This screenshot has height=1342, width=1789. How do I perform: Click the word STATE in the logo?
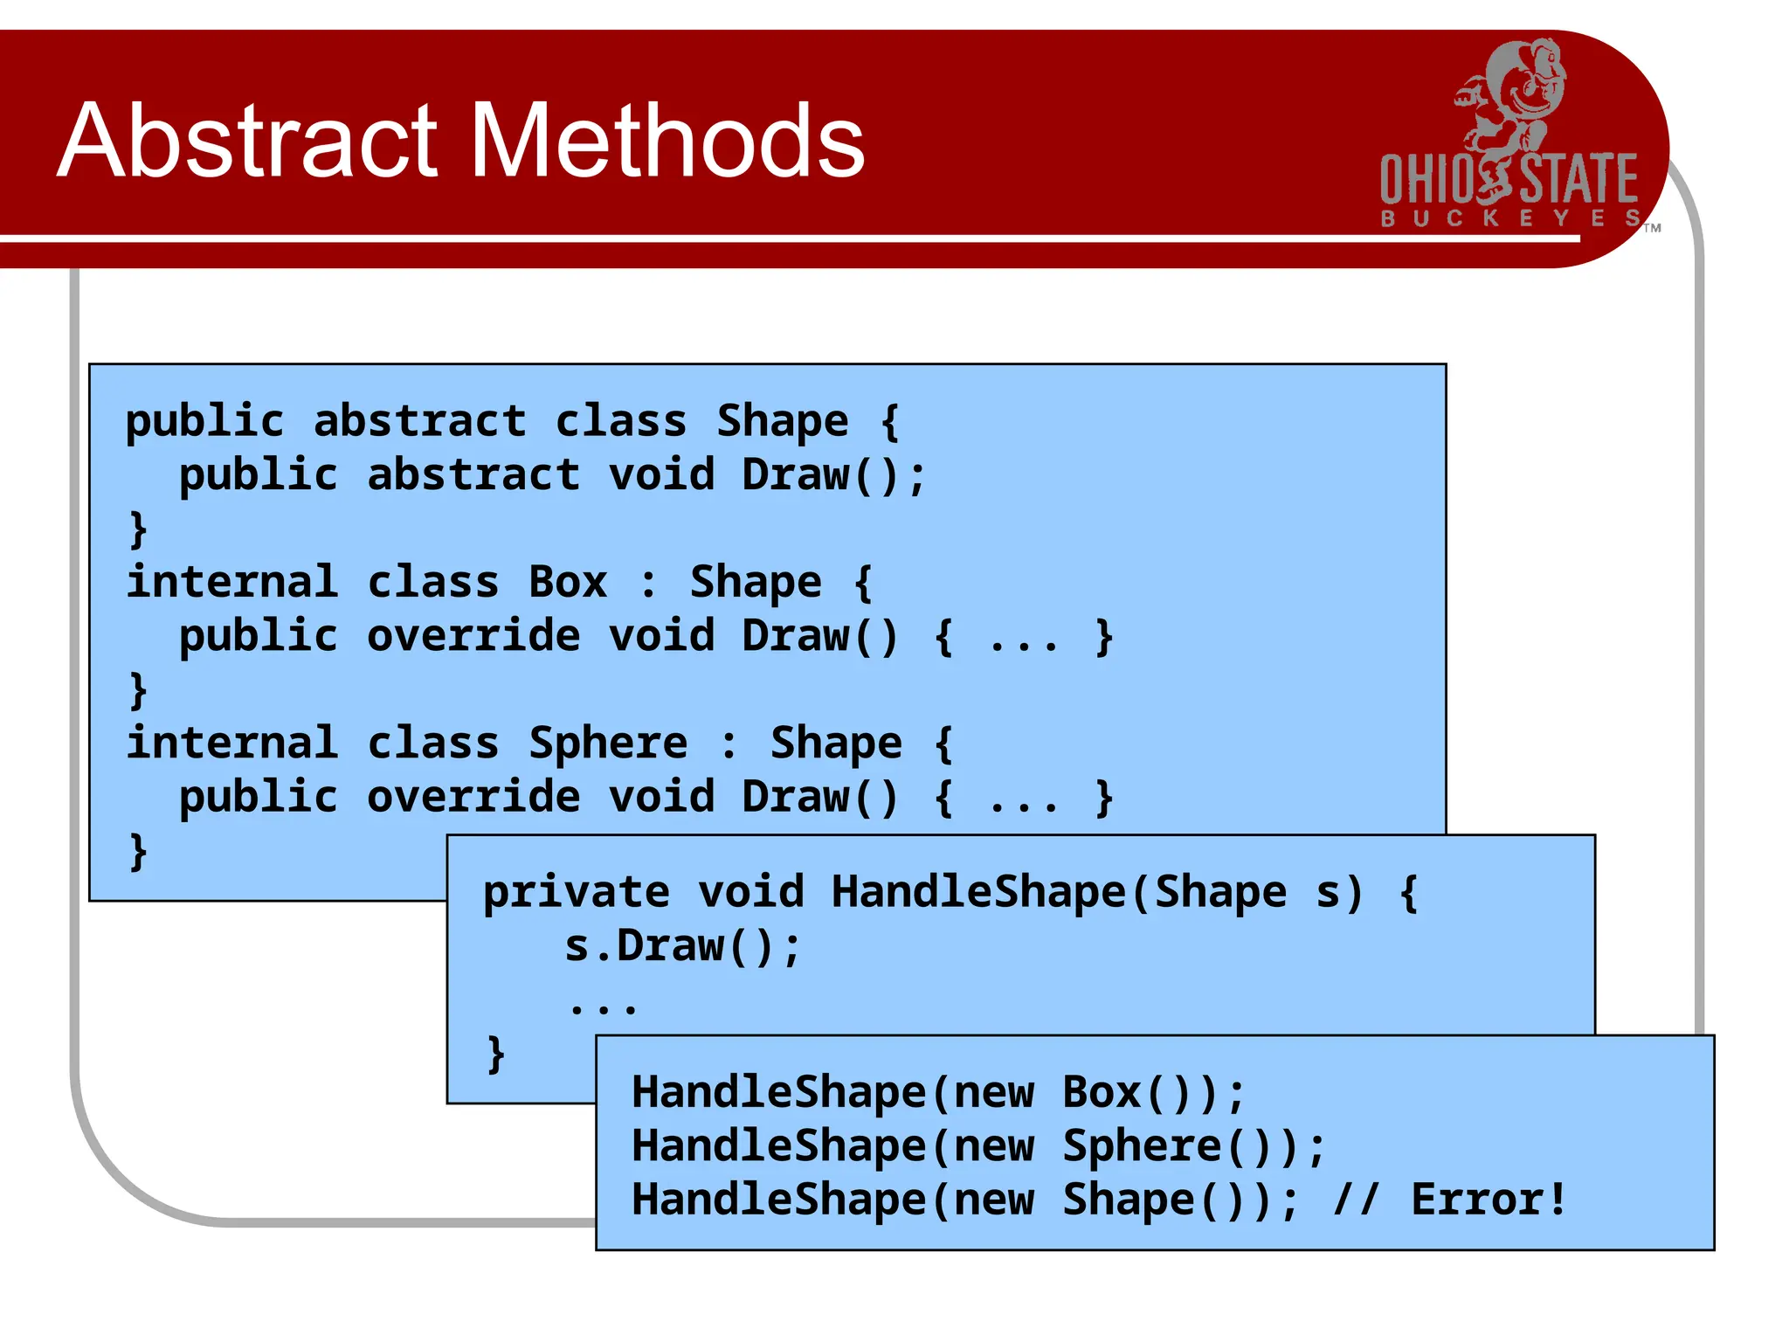(1578, 180)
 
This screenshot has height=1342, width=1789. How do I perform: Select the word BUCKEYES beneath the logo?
(1510, 218)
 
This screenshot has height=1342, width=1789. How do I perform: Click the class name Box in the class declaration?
(567, 582)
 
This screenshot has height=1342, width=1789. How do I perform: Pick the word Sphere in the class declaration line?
(608, 744)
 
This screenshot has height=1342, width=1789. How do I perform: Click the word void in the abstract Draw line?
(661, 475)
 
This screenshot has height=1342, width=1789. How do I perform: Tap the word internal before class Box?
(231, 582)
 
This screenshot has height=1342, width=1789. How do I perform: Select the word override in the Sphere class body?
(473, 797)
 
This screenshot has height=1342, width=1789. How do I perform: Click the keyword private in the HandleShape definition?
(576, 892)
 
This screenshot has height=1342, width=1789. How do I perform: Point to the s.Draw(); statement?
(682, 946)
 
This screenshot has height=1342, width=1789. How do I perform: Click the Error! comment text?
(1489, 1199)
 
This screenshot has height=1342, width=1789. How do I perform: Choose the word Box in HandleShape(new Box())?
(1102, 1092)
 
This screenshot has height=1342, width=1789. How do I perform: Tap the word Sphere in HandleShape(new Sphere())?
(1142, 1145)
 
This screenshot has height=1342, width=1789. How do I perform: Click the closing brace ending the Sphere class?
(138, 850)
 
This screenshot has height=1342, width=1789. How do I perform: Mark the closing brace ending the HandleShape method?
(496, 1054)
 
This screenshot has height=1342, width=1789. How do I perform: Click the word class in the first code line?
(620, 421)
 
